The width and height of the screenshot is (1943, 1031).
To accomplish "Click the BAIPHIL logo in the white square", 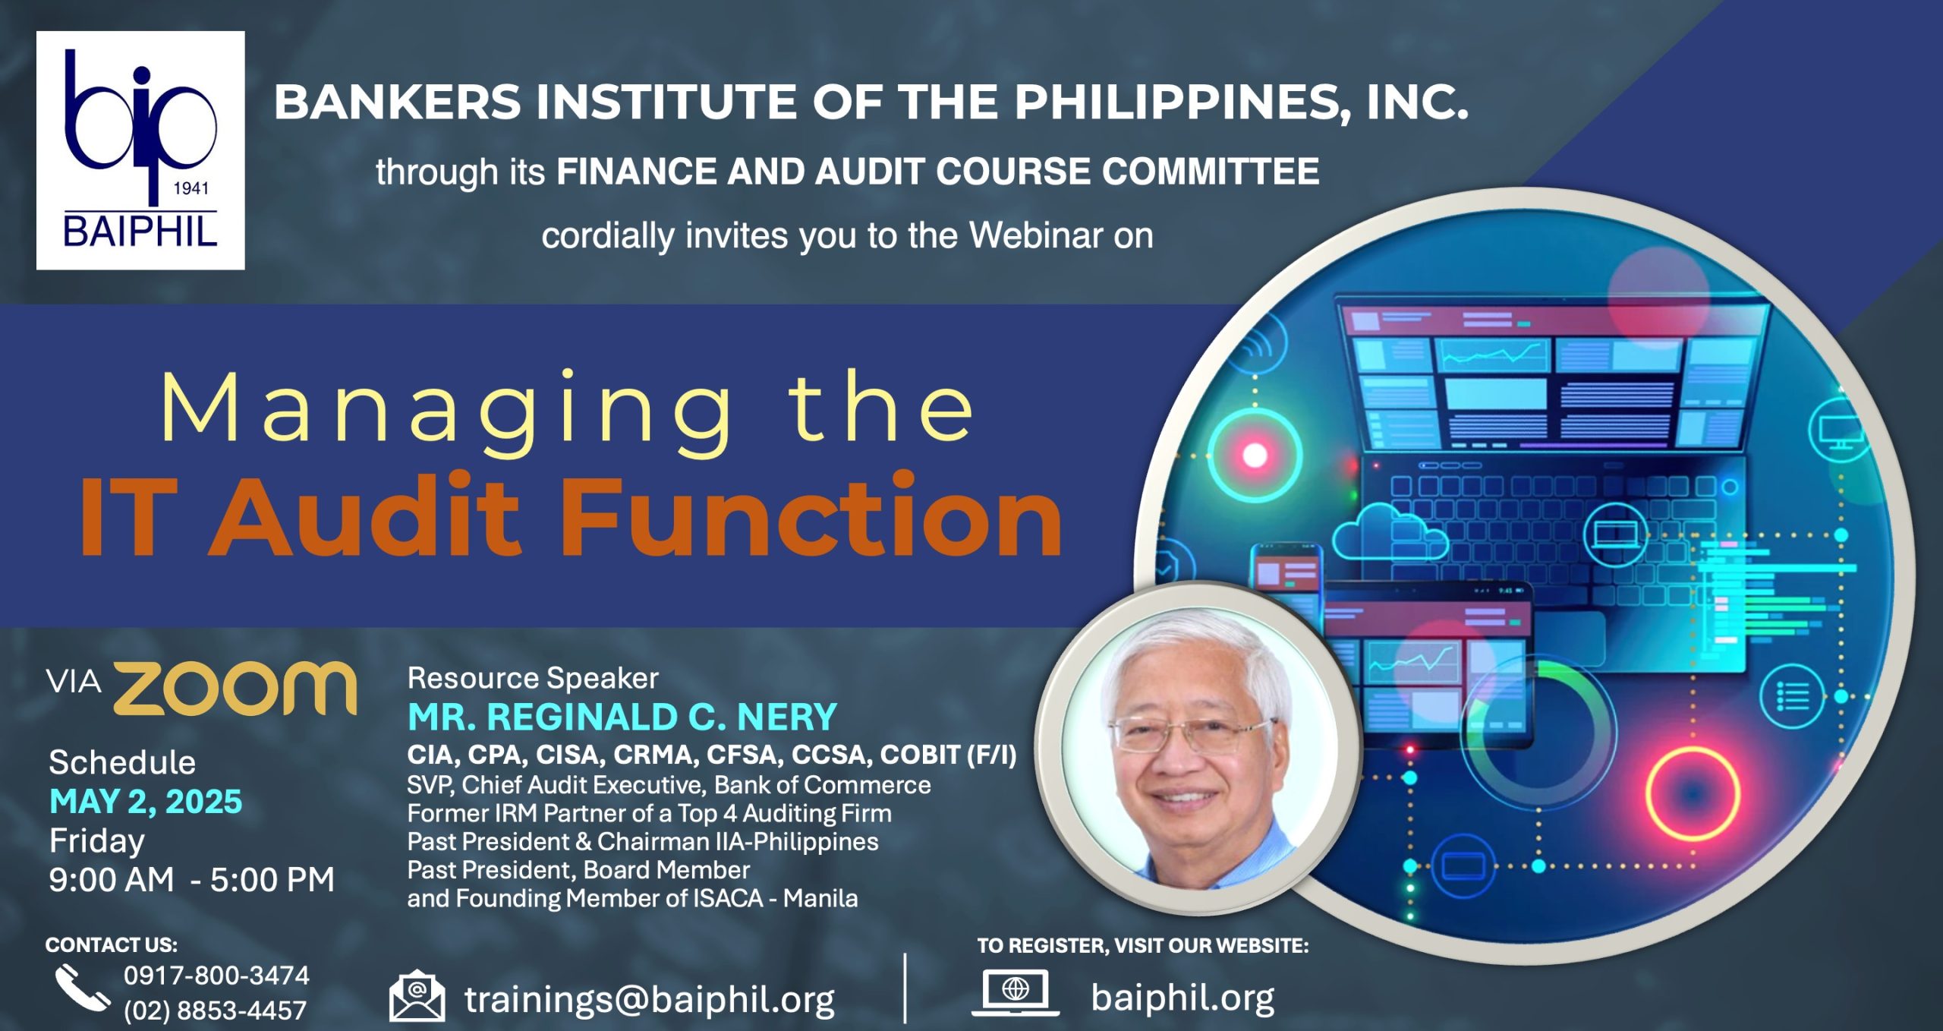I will (140, 150).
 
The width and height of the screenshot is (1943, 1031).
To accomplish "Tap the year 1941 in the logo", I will (191, 188).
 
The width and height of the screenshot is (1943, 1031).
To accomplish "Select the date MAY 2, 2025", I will (146, 802).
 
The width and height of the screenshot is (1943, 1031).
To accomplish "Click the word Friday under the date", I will (97, 841).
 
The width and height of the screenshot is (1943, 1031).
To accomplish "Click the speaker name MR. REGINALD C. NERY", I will (622, 717).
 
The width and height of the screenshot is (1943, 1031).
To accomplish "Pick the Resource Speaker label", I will (533, 678).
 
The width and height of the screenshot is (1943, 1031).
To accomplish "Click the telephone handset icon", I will (82, 987).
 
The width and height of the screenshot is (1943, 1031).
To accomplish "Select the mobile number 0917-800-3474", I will (216, 976).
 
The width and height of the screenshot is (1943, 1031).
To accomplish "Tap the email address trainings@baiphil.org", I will (650, 1000).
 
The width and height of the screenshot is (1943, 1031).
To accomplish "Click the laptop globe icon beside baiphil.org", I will (1015, 992).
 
